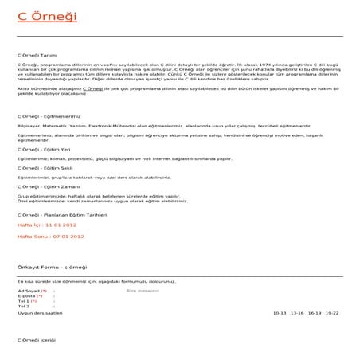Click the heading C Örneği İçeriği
tap(37, 340)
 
